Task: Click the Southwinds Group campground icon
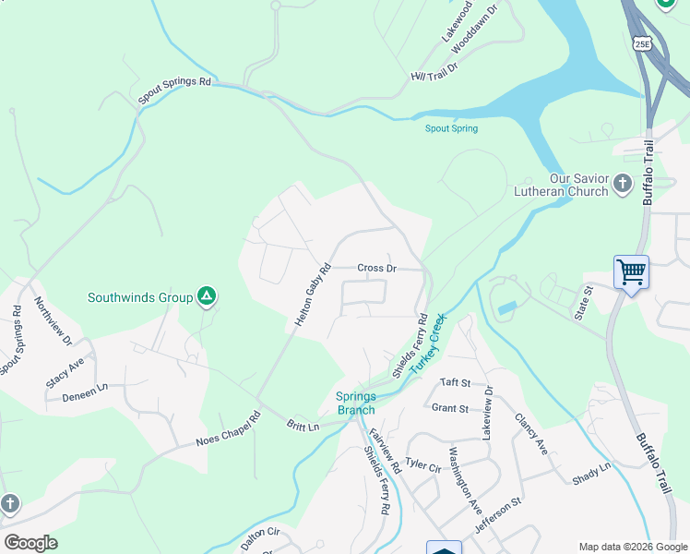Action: tap(208, 296)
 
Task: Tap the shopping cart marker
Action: tap(632, 272)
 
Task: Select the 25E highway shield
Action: tap(642, 43)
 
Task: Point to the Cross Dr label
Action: tap(376, 269)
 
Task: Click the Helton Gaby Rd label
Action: tap(312, 296)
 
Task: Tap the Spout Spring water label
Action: tap(451, 128)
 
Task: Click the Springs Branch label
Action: tap(355, 403)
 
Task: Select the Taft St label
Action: tap(456, 382)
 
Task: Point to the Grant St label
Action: tap(451, 408)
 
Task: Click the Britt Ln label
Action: tap(303, 427)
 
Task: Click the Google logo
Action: tap(30, 543)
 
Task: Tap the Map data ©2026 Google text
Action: tap(632, 547)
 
